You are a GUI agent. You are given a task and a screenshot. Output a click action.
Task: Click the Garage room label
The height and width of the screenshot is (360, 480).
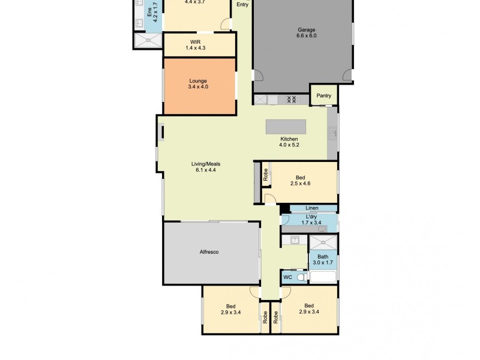click(306, 29)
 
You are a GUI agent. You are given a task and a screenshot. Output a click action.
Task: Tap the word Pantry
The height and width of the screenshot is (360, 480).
click(323, 95)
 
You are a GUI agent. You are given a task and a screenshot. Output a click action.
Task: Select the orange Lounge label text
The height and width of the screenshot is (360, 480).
click(198, 81)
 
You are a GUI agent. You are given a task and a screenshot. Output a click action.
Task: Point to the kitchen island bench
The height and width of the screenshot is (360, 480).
click(286, 127)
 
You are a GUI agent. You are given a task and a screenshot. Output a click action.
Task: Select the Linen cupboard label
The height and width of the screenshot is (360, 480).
click(311, 208)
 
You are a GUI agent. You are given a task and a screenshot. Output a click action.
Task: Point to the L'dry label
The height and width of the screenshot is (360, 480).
click(311, 217)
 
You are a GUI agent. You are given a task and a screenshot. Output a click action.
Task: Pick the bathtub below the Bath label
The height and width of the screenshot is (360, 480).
click(322, 277)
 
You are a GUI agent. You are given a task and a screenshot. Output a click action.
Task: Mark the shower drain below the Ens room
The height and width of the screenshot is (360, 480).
click(147, 40)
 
